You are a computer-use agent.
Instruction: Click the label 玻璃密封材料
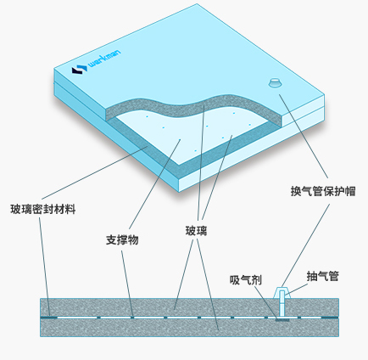point(43,210)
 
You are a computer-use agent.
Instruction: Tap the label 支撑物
point(122,240)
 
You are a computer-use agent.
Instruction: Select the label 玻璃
point(196,231)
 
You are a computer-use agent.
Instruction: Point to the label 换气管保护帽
point(323,191)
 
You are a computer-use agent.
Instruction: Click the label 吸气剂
point(246,280)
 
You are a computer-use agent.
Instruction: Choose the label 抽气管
point(323,276)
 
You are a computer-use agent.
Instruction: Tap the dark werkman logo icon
point(79,70)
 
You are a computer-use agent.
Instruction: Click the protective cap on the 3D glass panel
point(275,82)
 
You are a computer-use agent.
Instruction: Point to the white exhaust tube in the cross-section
point(282,303)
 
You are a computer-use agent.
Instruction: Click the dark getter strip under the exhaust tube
point(282,320)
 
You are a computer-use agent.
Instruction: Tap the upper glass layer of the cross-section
point(189,307)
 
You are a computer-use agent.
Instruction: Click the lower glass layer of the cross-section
point(189,328)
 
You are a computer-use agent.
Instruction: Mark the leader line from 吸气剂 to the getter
point(265,303)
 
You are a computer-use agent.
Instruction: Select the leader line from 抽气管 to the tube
point(296,290)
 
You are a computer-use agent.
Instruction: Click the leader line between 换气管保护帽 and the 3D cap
point(304,136)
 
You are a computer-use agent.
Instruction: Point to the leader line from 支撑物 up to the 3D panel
point(154,184)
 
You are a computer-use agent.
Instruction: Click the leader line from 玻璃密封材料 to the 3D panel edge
point(94,172)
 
